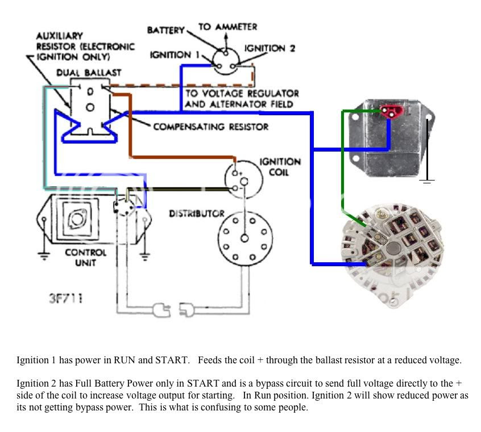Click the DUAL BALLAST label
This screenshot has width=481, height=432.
pos(89,73)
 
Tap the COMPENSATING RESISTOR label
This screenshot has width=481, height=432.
pos(211,127)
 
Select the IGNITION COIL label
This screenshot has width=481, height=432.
pos(280,167)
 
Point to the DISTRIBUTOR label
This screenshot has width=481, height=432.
pos(197,213)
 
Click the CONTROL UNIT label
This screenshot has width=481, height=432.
pos(86,258)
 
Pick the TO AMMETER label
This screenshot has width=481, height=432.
pos(227,27)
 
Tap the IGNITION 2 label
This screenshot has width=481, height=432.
pos(269,48)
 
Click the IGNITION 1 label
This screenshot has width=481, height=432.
pos(175,55)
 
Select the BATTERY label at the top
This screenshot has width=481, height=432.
pos(165,30)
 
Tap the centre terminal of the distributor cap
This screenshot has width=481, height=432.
pos(244,238)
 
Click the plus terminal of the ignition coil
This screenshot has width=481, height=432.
pos(235,173)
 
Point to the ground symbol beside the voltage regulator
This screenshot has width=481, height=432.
pos(427,182)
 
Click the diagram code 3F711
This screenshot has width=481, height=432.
pos(65,299)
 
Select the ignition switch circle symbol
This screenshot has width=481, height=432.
pos(226,61)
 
